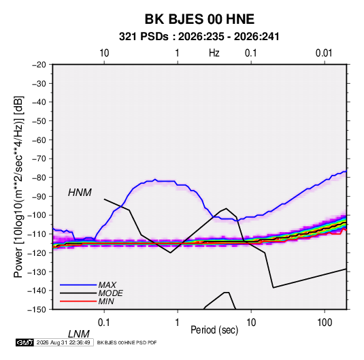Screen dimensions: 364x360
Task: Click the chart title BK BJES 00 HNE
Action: click(199, 19)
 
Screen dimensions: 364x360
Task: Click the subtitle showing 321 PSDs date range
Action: click(199, 37)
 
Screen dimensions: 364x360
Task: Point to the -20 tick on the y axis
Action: click(39, 65)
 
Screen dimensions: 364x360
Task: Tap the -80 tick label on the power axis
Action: click(39, 178)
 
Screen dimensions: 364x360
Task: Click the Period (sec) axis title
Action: click(214, 330)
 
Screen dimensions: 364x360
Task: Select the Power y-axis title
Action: click(18, 187)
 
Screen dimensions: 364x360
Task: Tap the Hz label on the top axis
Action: click(214, 53)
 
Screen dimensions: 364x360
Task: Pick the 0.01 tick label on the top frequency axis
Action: click(324, 53)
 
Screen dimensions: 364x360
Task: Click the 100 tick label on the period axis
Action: click(325, 323)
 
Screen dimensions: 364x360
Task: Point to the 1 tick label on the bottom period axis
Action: click(178, 323)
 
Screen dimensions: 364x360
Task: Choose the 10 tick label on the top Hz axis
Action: click(104, 53)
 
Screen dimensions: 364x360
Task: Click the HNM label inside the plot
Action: click(80, 193)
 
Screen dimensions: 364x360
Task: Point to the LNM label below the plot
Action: click(79, 334)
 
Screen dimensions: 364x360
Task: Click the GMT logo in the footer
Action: click(24, 342)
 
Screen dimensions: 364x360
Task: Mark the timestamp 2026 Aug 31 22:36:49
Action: click(63, 342)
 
